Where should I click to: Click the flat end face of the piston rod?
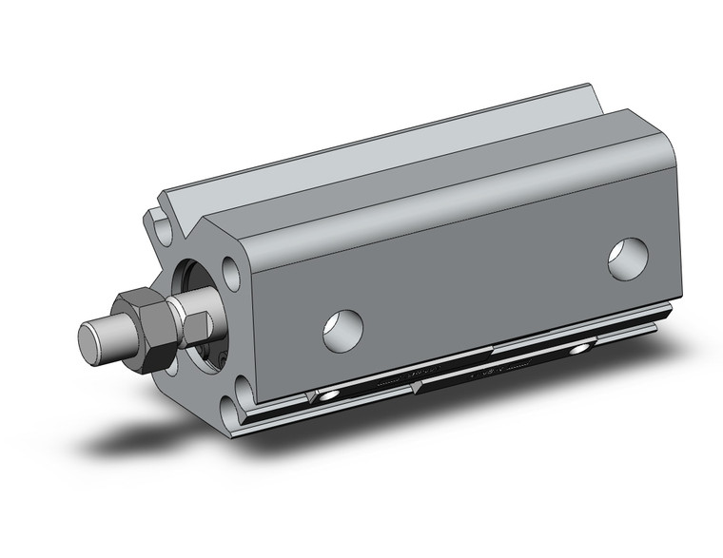(89, 338)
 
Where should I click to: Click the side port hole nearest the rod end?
(342, 328)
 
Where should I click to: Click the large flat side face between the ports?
(476, 276)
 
